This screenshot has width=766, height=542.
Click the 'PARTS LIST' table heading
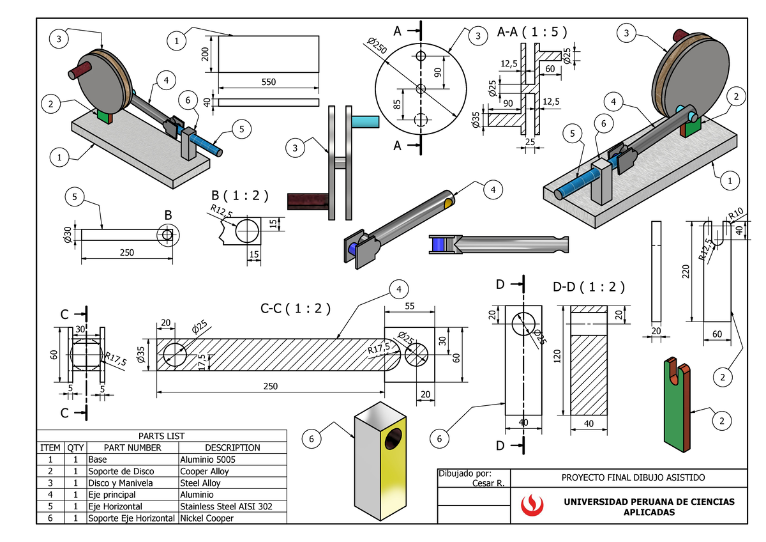pos(161,436)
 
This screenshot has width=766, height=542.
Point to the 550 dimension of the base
pos(269,82)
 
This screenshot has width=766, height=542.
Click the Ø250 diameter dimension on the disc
pos(377,48)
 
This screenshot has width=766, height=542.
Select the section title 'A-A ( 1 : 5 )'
pos(531,31)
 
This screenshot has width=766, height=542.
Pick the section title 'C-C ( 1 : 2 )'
pos(295,309)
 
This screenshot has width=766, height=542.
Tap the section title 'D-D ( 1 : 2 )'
pos(588,287)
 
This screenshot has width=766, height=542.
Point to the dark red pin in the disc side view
pos(308,201)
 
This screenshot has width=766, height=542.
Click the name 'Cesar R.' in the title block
pos(488,483)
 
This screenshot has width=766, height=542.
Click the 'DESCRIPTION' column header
pos(232,447)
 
